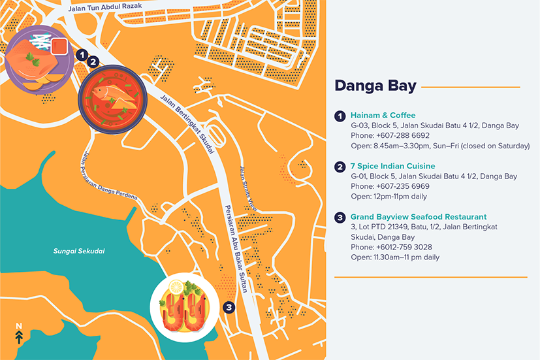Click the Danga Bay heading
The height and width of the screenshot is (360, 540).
point(373,86)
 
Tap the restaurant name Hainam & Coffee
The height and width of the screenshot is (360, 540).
point(383,116)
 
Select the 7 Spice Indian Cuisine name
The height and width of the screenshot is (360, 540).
point(392,167)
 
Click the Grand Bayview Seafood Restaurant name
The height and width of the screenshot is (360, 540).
point(418,217)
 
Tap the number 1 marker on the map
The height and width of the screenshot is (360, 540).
point(81,56)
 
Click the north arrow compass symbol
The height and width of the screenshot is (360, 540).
point(19,333)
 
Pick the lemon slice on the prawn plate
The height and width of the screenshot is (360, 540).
point(176,287)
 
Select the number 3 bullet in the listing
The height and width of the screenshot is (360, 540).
point(340,218)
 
